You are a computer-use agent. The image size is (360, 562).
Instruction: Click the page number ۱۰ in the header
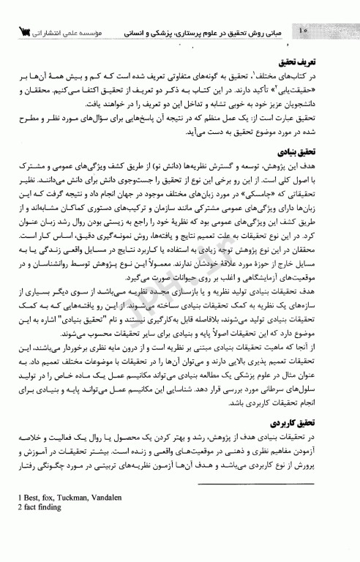304,31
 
